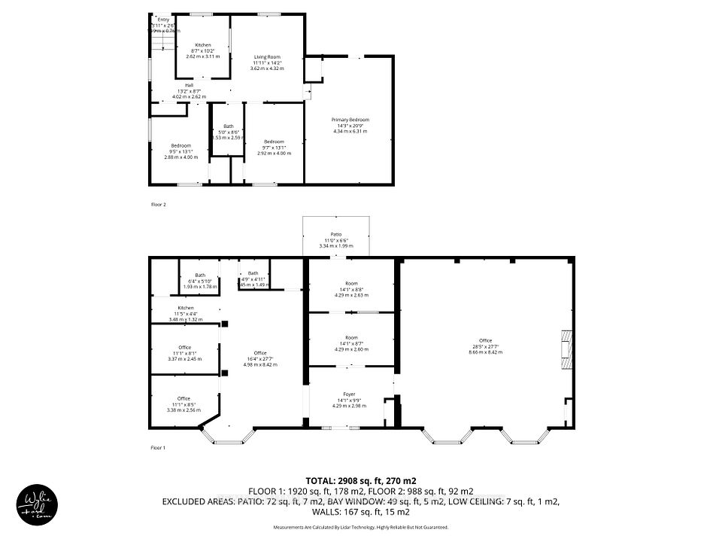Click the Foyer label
click(x=350, y=394)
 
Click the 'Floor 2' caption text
click(x=157, y=204)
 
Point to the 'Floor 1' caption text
click(x=157, y=448)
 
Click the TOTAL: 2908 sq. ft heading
click(x=360, y=480)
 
